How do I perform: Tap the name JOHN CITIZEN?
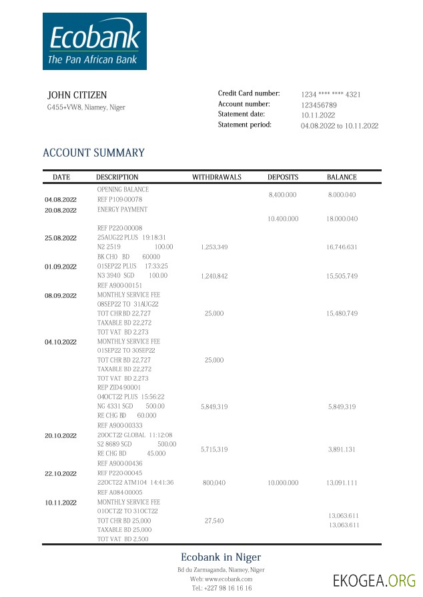pos(77,95)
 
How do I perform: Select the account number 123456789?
pos(318,105)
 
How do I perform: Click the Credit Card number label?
pos(249,94)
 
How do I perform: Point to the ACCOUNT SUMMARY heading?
pos(93,153)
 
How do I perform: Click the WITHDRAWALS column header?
pos(217,177)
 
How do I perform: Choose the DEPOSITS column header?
pos(283,177)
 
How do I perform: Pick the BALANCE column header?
pos(342,177)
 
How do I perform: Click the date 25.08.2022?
pos(61,238)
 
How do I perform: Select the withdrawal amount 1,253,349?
pos(214,247)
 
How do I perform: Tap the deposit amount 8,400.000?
pos(282,195)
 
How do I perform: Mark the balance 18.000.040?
pos(342,219)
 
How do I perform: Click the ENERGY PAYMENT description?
pos(122,209)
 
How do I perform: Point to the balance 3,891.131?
pos(342,450)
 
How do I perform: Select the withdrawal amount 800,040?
pos(214,482)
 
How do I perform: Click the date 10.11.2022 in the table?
pos(61,502)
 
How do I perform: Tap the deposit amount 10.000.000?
pos(283,482)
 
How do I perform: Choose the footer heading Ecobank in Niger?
pos(221,557)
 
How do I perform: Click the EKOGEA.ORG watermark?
pos(374,581)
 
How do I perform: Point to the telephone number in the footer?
pos(222,589)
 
